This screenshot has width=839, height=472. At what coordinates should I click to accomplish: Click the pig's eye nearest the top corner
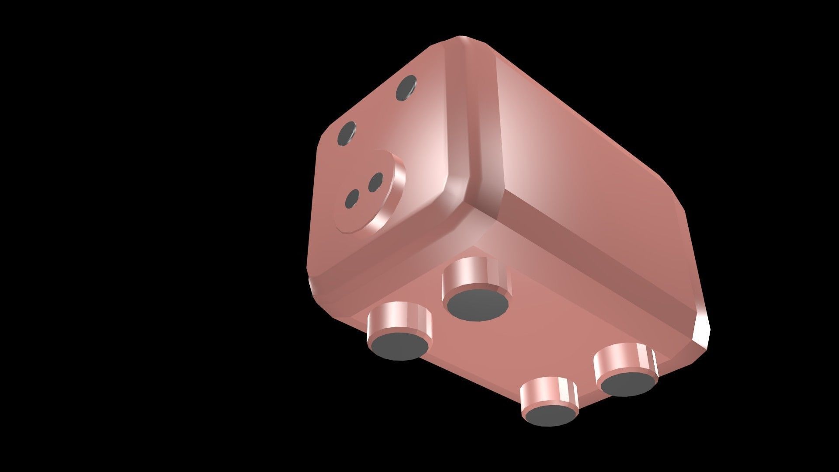pyautogui.click(x=406, y=88)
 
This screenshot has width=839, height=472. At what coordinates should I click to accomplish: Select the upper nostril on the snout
pyautogui.click(x=375, y=182)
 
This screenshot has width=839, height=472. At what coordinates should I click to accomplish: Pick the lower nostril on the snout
pyautogui.click(x=352, y=199)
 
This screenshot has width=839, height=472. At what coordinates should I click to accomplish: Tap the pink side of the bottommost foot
pyautogui.click(x=548, y=392)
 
